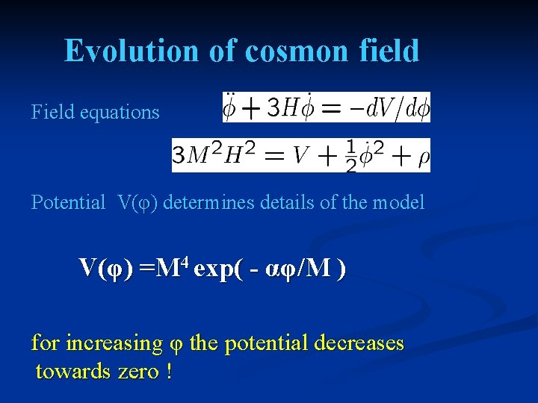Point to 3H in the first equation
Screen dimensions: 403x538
[279, 109]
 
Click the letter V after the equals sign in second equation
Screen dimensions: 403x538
[300, 156]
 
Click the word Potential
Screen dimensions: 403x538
[68, 202]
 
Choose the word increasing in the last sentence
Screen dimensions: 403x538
[114, 344]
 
